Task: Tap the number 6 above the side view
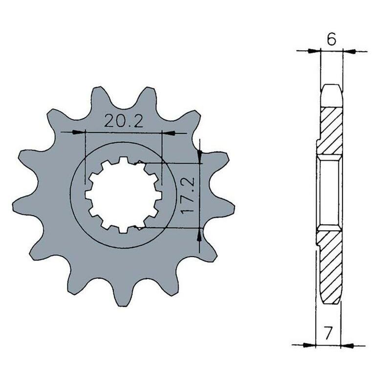point(331,40)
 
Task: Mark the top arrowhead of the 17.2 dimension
point(199,157)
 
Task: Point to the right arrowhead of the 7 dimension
point(348,345)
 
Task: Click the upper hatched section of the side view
point(331,130)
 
